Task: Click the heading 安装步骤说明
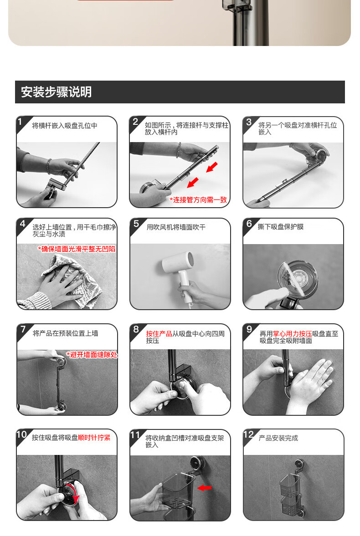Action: click(x=56, y=92)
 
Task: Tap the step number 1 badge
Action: click(x=21, y=122)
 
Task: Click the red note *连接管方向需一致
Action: click(x=198, y=199)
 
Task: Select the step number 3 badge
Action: click(x=249, y=123)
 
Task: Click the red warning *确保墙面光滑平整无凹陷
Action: click(x=77, y=249)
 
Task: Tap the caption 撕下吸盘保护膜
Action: click(x=281, y=227)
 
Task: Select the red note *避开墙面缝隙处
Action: click(x=92, y=354)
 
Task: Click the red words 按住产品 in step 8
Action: click(x=159, y=333)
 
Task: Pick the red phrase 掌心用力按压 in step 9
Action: click(x=292, y=333)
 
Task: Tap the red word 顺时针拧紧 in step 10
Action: click(x=94, y=438)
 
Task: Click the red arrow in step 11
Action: click(x=204, y=488)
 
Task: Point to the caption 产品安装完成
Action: click(x=278, y=438)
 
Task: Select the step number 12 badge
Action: click(x=249, y=435)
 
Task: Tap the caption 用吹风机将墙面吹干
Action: click(x=176, y=227)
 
